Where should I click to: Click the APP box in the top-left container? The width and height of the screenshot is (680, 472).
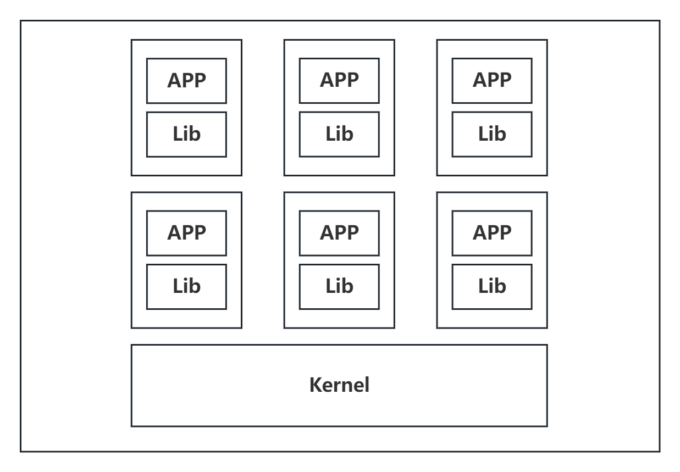pos(186,81)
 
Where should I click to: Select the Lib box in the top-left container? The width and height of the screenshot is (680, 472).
pos(186,134)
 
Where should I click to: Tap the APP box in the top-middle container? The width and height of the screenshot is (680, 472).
pos(339,81)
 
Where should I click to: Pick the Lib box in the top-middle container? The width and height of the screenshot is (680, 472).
pos(339,134)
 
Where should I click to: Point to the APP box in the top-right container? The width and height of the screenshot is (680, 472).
pos(492,81)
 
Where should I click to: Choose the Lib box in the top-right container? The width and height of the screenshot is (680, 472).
pos(492,134)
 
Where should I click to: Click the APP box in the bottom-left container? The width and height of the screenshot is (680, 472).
pos(186,233)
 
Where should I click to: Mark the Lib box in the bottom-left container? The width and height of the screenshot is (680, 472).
pos(186,286)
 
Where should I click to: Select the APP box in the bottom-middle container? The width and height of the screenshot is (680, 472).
pos(339,233)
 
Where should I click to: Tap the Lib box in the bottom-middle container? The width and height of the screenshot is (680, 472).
pos(339,286)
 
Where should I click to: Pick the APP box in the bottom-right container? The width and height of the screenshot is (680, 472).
pos(492,233)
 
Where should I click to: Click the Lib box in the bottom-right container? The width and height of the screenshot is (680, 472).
pos(492,286)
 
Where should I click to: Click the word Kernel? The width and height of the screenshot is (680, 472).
pos(339,385)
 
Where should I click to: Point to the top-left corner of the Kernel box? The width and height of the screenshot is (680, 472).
pos(131,345)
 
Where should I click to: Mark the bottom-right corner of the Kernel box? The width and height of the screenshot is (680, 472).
pos(547,426)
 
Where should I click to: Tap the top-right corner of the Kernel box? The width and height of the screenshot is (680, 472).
pos(547,345)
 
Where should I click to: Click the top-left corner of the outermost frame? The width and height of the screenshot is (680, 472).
pos(21,21)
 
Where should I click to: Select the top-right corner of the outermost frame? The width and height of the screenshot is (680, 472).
pos(659,21)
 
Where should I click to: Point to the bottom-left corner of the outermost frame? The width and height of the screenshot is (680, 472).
pos(21,452)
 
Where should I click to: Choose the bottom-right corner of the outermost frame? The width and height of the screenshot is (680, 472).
pos(659,452)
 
